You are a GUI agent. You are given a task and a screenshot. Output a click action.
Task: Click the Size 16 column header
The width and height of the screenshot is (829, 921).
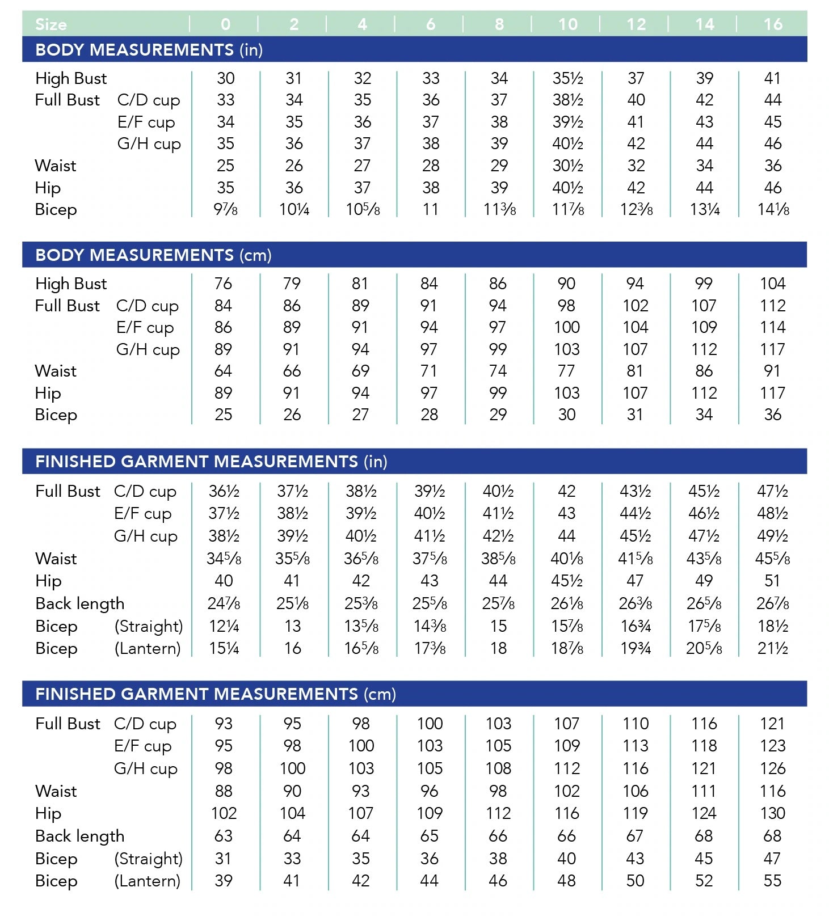click(x=772, y=24)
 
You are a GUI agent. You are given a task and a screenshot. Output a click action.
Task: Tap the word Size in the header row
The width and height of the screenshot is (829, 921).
click(x=51, y=24)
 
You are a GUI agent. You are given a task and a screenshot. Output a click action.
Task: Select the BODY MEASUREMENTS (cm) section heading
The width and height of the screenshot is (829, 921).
click(x=153, y=255)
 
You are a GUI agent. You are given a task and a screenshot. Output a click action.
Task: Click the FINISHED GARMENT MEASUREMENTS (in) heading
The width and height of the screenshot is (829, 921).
click(x=211, y=462)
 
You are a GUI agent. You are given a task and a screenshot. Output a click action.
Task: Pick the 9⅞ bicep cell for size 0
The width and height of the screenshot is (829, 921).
click(x=225, y=210)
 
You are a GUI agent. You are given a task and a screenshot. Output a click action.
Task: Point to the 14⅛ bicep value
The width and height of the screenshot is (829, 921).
click(x=773, y=210)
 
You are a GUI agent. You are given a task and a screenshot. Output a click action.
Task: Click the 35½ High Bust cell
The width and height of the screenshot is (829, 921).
click(x=567, y=78)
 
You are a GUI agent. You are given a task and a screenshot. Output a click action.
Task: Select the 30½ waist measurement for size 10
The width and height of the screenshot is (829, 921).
click(x=567, y=166)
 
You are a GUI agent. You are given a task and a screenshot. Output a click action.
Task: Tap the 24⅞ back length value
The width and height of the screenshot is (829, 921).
click(x=224, y=603)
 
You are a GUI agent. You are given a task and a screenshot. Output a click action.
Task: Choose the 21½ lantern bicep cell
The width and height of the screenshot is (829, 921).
click(x=773, y=648)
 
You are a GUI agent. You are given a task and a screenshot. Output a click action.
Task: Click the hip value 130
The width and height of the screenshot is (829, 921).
click(x=773, y=813)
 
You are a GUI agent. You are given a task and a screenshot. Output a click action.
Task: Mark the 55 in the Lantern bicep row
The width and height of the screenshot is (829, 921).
click(x=773, y=881)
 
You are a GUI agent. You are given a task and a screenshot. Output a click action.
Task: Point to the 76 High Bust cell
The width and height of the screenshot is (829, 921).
click(x=223, y=284)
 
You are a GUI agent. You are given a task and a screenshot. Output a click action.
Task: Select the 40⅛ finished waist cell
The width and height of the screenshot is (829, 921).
click(x=567, y=559)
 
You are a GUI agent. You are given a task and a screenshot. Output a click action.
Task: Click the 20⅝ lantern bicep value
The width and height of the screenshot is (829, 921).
click(x=704, y=648)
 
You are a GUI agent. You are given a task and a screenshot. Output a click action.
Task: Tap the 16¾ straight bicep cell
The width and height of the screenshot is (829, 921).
click(x=636, y=626)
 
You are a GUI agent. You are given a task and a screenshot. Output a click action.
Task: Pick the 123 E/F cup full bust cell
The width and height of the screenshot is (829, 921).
click(x=773, y=746)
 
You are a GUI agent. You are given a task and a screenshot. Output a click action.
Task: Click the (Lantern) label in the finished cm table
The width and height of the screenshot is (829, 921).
click(x=148, y=881)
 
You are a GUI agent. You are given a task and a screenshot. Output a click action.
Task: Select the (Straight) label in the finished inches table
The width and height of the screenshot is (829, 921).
click(x=149, y=626)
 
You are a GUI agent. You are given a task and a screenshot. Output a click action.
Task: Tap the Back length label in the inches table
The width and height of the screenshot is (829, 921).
click(x=79, y=603)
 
